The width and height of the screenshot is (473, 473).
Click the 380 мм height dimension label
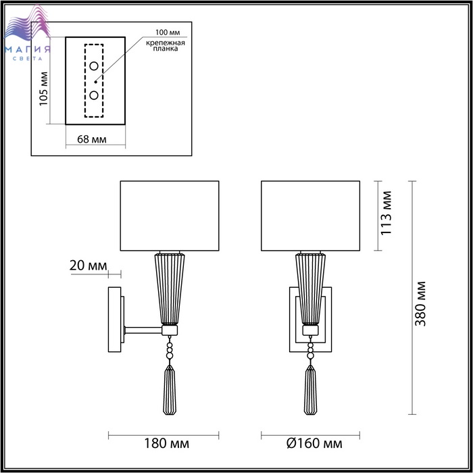(420, 304)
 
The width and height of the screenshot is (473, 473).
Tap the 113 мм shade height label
(386, 213)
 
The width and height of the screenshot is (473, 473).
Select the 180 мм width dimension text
(166, 443)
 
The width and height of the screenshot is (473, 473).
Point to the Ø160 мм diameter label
(314, 443)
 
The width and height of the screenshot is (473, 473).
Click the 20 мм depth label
(88, 266)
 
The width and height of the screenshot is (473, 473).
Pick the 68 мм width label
(92, 139)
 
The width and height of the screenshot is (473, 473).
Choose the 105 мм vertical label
(44, 89)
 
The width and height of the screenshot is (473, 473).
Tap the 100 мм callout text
(168, 32)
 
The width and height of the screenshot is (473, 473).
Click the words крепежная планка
(166, 45)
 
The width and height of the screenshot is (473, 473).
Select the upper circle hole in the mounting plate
(94, 66)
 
